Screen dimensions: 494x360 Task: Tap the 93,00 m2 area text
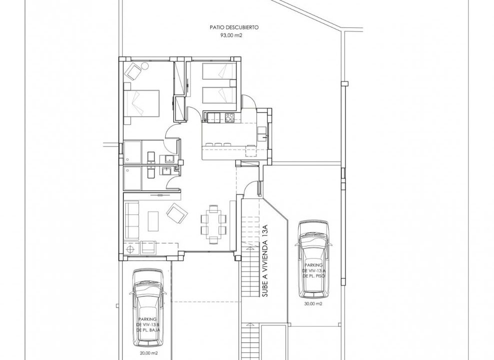pos(231,35)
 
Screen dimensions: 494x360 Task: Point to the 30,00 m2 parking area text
pos(313,304)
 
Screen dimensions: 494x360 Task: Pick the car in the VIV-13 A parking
pos(313,259)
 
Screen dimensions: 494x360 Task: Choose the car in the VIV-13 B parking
pos(148,308)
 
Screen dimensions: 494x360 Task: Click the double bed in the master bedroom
pos(141,103)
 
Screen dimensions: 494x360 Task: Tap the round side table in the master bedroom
pos(145,66)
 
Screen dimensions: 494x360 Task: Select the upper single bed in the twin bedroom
pos(219,70)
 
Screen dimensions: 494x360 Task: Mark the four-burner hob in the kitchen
pos(229,117)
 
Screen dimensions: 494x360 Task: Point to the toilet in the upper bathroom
pos(151,156)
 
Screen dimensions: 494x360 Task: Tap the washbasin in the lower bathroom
pos(166,171)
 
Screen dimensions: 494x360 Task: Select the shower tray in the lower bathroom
pos(133,178)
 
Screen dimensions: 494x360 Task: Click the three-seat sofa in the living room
pos(132,221)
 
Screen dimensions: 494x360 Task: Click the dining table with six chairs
pos(214,224)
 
